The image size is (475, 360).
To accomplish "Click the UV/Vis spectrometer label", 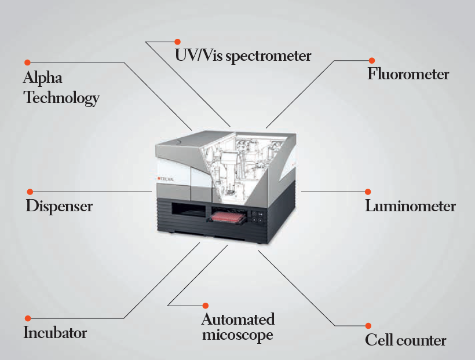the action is (x=243, y=56).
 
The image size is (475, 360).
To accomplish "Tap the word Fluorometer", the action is (x=408, y=74).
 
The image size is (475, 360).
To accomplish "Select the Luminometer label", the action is (x=410, y=206).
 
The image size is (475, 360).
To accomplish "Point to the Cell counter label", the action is (x=405, y=340).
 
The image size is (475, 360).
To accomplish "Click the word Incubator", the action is (x=55, y=332).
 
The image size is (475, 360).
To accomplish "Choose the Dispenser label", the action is (x=59, y=207).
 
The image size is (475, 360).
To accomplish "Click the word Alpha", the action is (x=43, y=78).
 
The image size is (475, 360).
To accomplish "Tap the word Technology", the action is (x=61, y=98).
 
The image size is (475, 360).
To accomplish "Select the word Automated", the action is (x=238, y=319).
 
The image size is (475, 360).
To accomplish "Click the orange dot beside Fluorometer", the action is (x=372, y=61).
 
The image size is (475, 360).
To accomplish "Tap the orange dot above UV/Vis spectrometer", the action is (x=177, y=42).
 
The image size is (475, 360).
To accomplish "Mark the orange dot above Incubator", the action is (x=28, y=318).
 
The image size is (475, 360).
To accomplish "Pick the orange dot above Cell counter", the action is (x=368, y=326).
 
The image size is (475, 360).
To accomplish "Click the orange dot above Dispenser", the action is (x=30, y=192).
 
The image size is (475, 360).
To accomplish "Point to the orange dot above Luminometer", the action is (x=368, y=192).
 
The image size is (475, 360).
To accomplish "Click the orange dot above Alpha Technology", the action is (x=28, y=63).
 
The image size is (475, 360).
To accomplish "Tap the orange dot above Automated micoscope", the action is (x=206, y=306).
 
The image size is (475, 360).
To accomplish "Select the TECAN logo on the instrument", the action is (x=166, y=179).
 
